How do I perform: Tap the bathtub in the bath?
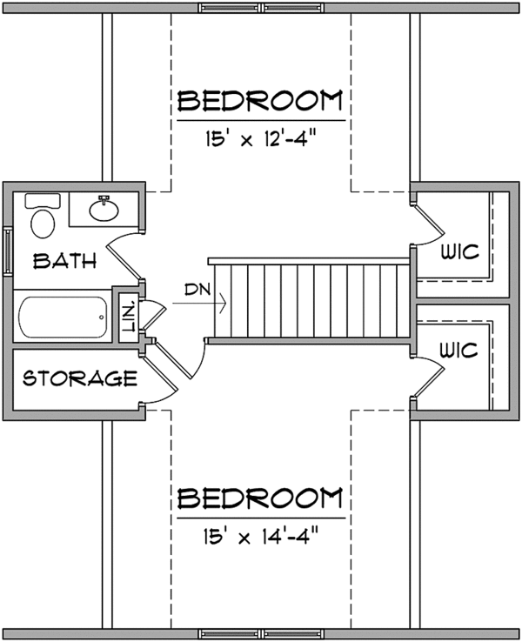pyautogui.click(x=61, y=319)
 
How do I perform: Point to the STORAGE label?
pyautogui.click(x=79, y=378)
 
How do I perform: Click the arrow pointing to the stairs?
pyautogui.click(x=209, y=304)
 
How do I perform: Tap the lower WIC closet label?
pyautogui.click(x=459, y=351)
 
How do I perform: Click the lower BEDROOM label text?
pyautogui.click(x=259, y=498)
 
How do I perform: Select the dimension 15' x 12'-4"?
pyautogui.click(x=259, y=138)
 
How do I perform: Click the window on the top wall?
pyautogui.click(x=262, y=8)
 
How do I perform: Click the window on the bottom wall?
pyautogui.click(x=262, y=633)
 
